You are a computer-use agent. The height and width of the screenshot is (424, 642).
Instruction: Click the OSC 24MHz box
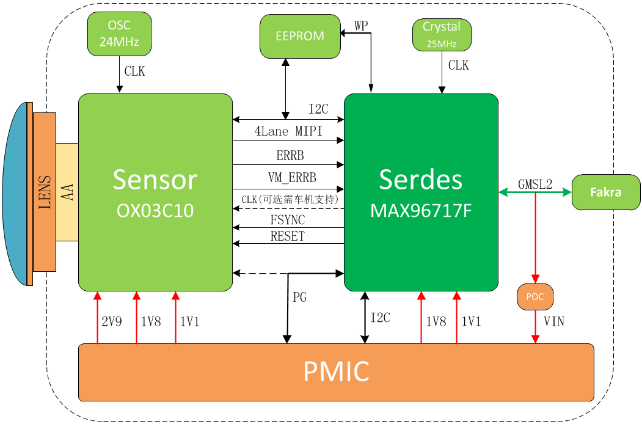pos(119,34)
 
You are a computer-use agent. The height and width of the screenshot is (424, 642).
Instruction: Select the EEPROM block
pos(300,37)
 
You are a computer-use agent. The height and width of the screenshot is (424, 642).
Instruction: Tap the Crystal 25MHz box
pos(442,35)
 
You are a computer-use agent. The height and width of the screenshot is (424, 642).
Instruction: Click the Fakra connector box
pos(606,192)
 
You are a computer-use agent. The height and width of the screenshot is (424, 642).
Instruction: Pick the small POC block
pos(535,296)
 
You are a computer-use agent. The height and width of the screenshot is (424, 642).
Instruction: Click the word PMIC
pos(336,371)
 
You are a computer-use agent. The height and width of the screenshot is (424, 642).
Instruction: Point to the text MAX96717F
pos(421,211)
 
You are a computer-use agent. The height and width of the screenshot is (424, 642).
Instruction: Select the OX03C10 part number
pos(155,211)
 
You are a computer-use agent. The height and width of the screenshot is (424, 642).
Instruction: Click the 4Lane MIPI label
pos(288,131)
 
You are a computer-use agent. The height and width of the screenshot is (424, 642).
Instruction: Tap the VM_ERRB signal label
pos(292,178)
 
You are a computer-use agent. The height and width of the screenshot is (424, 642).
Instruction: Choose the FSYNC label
pos(288,220)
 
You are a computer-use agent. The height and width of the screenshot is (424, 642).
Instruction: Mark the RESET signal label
pos(288,236)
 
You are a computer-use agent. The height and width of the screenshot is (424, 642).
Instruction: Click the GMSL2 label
pos(535,185)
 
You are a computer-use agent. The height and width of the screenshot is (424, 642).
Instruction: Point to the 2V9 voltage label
pos(112,321)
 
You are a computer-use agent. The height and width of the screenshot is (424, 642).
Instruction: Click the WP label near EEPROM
pos(361,26)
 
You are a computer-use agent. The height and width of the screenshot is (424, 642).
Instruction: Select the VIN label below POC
pos(554,321)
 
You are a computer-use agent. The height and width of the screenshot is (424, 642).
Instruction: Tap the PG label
pos(300,297)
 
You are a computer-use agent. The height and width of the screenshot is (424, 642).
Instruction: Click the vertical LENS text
pos(45,192)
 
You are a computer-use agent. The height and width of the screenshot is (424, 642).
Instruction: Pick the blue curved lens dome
pos(15,193)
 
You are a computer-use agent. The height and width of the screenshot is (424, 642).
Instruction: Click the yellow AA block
pos(67,192)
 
